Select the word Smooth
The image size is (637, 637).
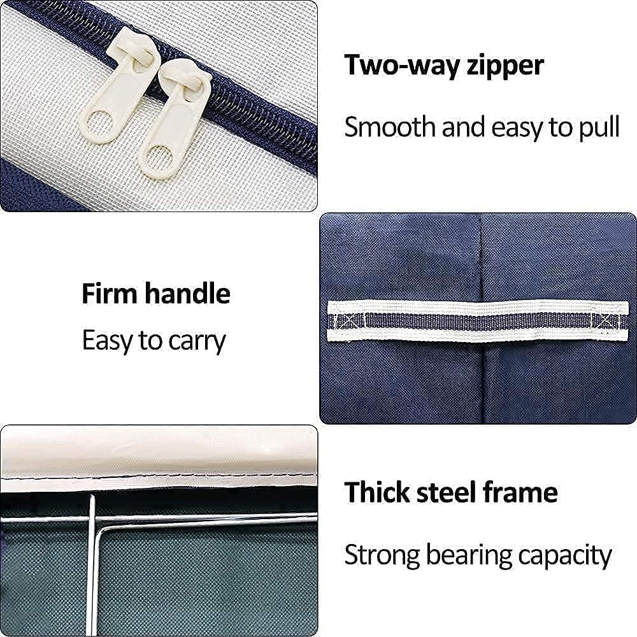tap(390, 127)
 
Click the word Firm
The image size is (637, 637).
tap(110, 293)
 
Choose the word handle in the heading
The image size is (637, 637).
tap(188, 293)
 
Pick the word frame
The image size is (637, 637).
tap(520, 492)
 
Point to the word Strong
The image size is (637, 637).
tap(382, 555)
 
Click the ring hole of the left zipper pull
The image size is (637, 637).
tap(99, 124)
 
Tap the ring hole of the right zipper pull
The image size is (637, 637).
tap(158, 159)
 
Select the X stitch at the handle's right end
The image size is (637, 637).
tap(606, 321)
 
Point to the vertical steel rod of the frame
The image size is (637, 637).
tap(92, 564)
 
